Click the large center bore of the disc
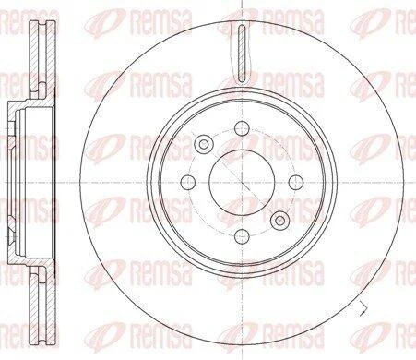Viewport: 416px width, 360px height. (242, 182)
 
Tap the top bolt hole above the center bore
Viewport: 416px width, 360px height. (242, 128)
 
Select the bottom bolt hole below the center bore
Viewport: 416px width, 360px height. (242, 236)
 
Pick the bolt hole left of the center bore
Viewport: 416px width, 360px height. (188, 182)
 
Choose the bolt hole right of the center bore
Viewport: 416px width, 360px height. (296, 182)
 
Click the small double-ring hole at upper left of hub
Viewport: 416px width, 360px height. (204, 144)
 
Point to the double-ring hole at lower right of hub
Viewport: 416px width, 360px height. (279, 221)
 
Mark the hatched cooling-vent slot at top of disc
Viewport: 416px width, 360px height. (243, 54)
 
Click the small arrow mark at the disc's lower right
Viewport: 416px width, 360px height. (363, 308)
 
